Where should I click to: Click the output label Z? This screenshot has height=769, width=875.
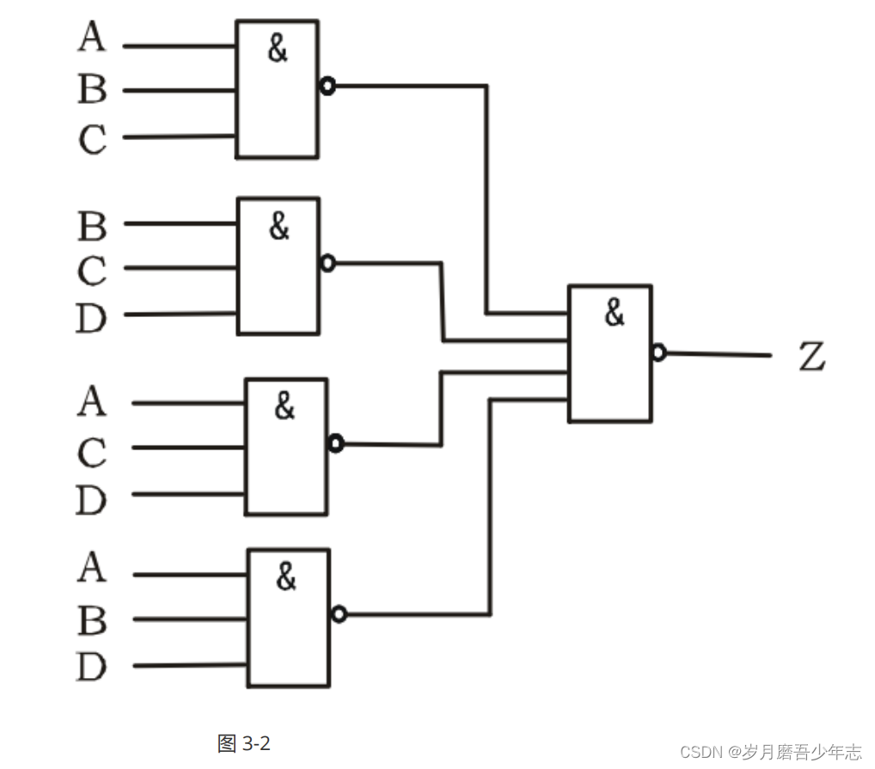coord(811,357)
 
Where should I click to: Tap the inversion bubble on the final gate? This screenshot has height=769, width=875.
coord(658,352)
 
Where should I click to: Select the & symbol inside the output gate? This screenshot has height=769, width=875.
coord(614,314)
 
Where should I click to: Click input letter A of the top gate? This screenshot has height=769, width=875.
coord(92,37)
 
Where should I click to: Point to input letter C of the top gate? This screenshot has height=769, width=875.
coord(92,139)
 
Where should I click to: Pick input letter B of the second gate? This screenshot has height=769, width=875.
coord(92,227)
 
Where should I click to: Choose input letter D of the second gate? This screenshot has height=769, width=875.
coord(91,319)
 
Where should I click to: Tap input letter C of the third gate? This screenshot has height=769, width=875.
coord(92,453)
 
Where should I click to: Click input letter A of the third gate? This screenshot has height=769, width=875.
coord(92,401)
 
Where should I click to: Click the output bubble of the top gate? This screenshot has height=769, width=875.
coord(327,86)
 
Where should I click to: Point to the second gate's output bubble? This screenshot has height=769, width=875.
coord(327,263)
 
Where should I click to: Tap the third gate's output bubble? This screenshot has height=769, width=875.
coord(335,443)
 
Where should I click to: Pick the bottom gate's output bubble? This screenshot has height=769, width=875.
coord(339,613)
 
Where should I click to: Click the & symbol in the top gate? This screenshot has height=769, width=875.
coord(277,49)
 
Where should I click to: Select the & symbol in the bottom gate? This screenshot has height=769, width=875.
coord(286,577)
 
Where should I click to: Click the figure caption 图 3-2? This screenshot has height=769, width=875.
coord(244,743)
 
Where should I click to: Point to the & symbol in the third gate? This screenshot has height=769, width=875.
coord(285,406)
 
